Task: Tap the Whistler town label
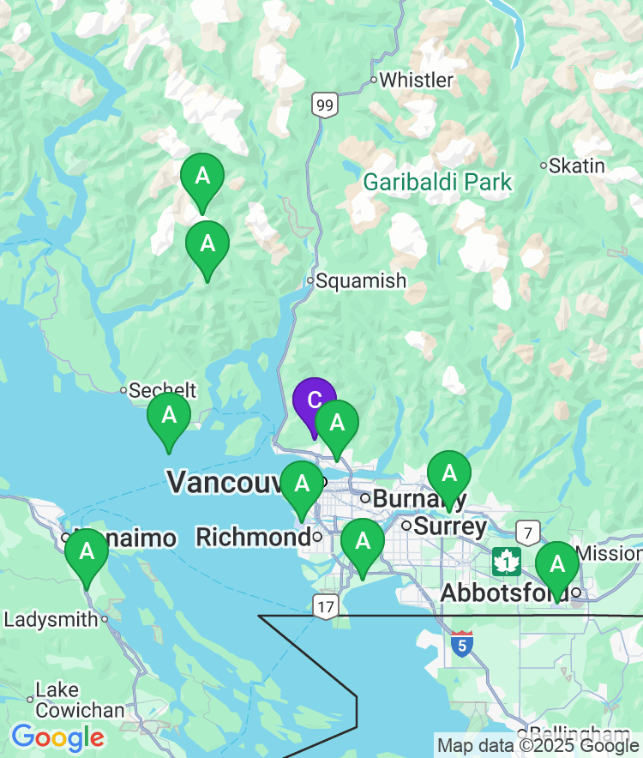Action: pyautogui.click(x=415, y=81)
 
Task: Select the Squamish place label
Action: pyautogui.click(x=360, y=281)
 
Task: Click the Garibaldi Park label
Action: pyautogui.click(x=437, y=183)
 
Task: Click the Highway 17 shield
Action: pyautogui.click(x=325, y=605)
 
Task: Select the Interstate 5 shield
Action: pyautogui.click(x=462, y=645)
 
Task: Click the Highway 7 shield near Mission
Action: pyautogui.click(x=529, y=533)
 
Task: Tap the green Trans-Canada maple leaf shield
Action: pyautogui.click(x=507, y=562)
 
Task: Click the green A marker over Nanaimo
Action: pyautogui.click(x=87, y=551)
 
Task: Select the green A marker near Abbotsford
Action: pyautogui.click(x=557, y=565)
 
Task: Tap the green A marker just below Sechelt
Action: pyautogui.click(x=169, y=416)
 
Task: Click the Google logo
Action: pyautogui.click(x=58, y=737)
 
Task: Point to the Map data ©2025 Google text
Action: pyautogui.click(x=538, y=745)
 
